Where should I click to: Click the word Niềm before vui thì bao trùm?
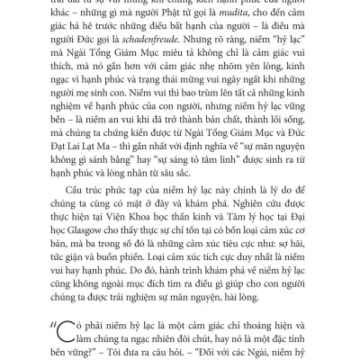[x=107, y=115]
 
